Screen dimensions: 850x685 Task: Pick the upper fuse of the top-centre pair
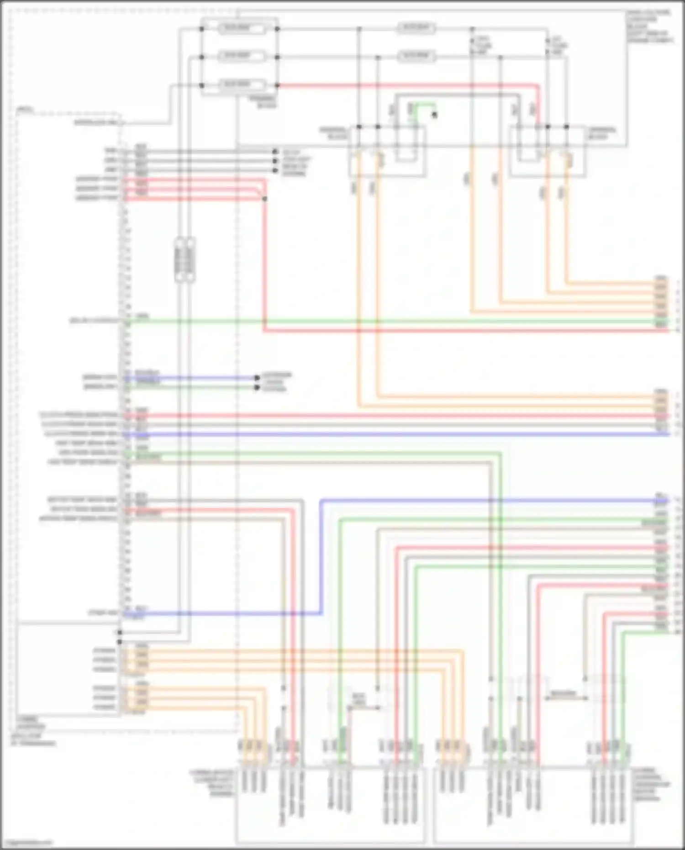[416, 28]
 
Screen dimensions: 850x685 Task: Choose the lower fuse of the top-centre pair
[416, 56]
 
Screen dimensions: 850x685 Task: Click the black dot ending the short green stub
[434, 115]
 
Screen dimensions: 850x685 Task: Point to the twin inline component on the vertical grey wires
[185, 259]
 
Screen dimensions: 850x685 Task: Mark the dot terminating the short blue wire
[257, 378]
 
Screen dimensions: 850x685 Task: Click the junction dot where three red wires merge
[264, 199]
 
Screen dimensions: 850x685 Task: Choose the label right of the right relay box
[601, 133]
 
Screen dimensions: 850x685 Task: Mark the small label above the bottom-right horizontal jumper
[563, 693]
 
